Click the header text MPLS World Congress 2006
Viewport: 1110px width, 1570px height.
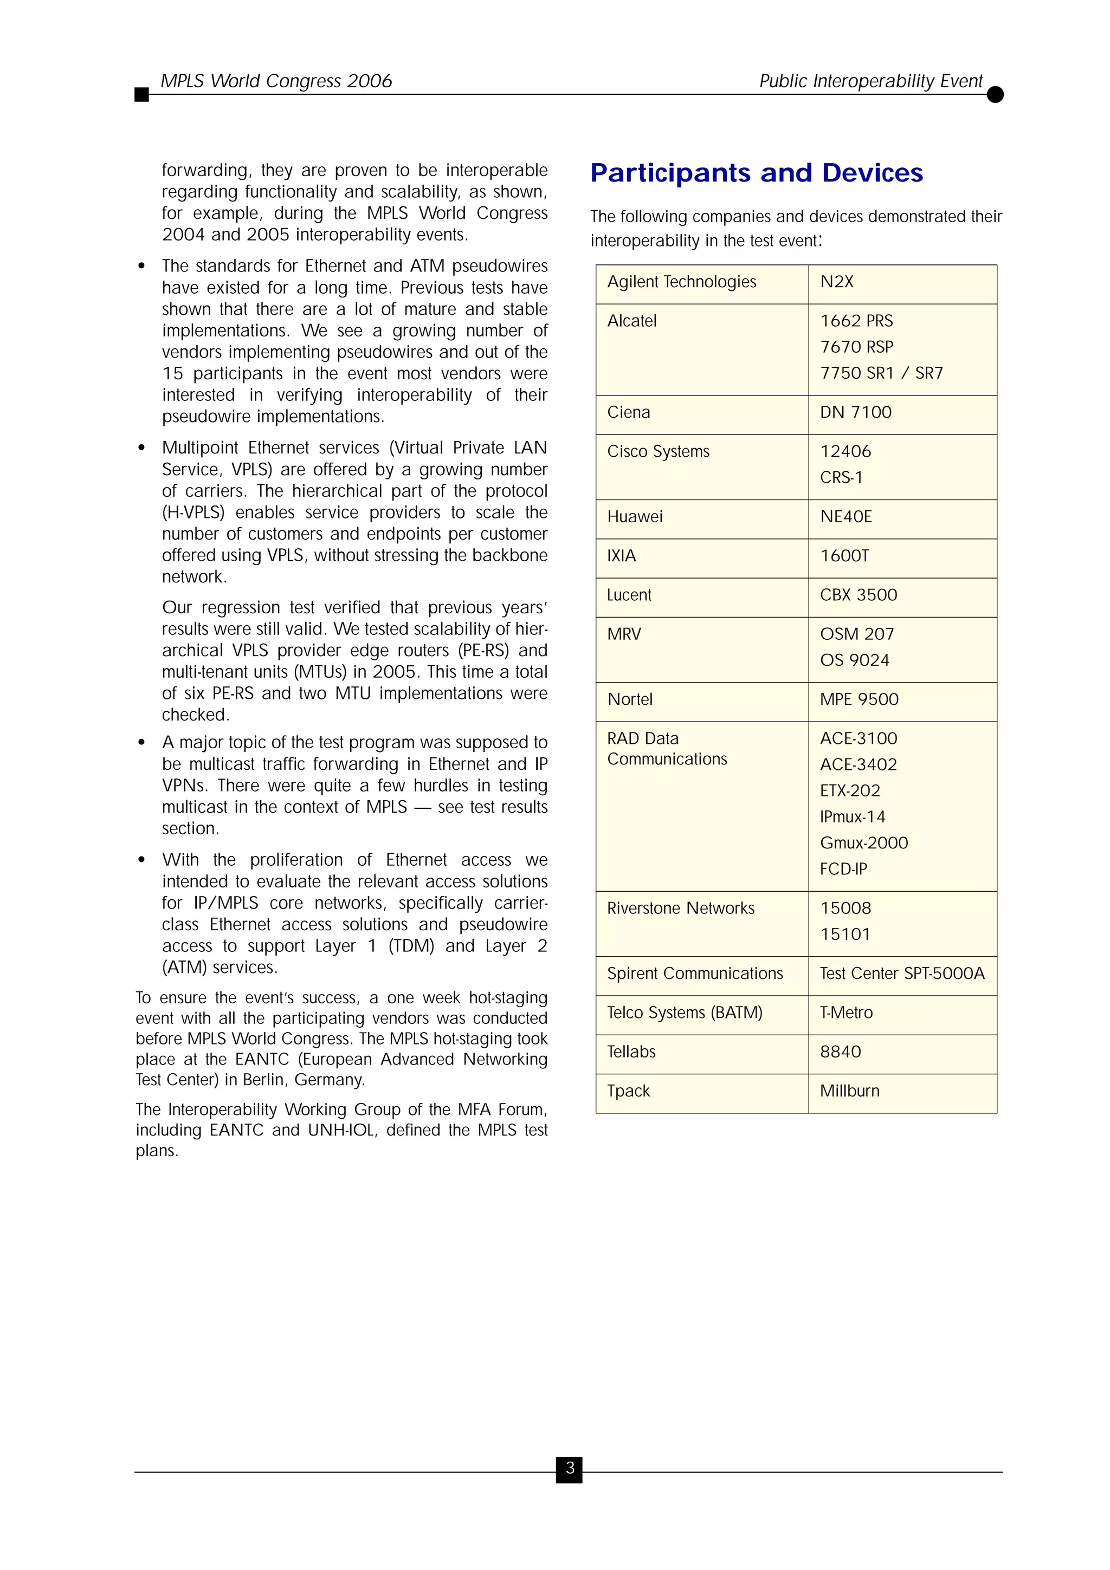coord(276,81)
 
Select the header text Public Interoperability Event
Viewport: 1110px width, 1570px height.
coord(870,81)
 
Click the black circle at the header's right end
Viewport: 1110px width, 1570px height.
coord(995,94)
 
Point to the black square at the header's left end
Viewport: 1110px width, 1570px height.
coord(141,94)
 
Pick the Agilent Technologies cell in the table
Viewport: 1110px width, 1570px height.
coord(681,282)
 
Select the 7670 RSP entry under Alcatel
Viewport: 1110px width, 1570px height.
coord(856,347)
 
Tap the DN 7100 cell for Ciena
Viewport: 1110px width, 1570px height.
coord(856,412)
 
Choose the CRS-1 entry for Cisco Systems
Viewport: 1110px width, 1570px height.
coord(841,477)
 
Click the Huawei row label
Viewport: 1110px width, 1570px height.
coord(635,517)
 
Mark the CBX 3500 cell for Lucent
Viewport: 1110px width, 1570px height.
coord(859,595)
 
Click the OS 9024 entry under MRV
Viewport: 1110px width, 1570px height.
coord(854,660)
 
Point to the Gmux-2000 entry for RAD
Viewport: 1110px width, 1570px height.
coord(864,843)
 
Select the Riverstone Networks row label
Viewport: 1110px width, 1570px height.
coord(681,908)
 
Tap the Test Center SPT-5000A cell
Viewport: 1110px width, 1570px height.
coord(902,973)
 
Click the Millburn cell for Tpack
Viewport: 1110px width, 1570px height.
coord(849,1091)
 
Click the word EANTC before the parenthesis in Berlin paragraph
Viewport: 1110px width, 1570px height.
coord(262,1059)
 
